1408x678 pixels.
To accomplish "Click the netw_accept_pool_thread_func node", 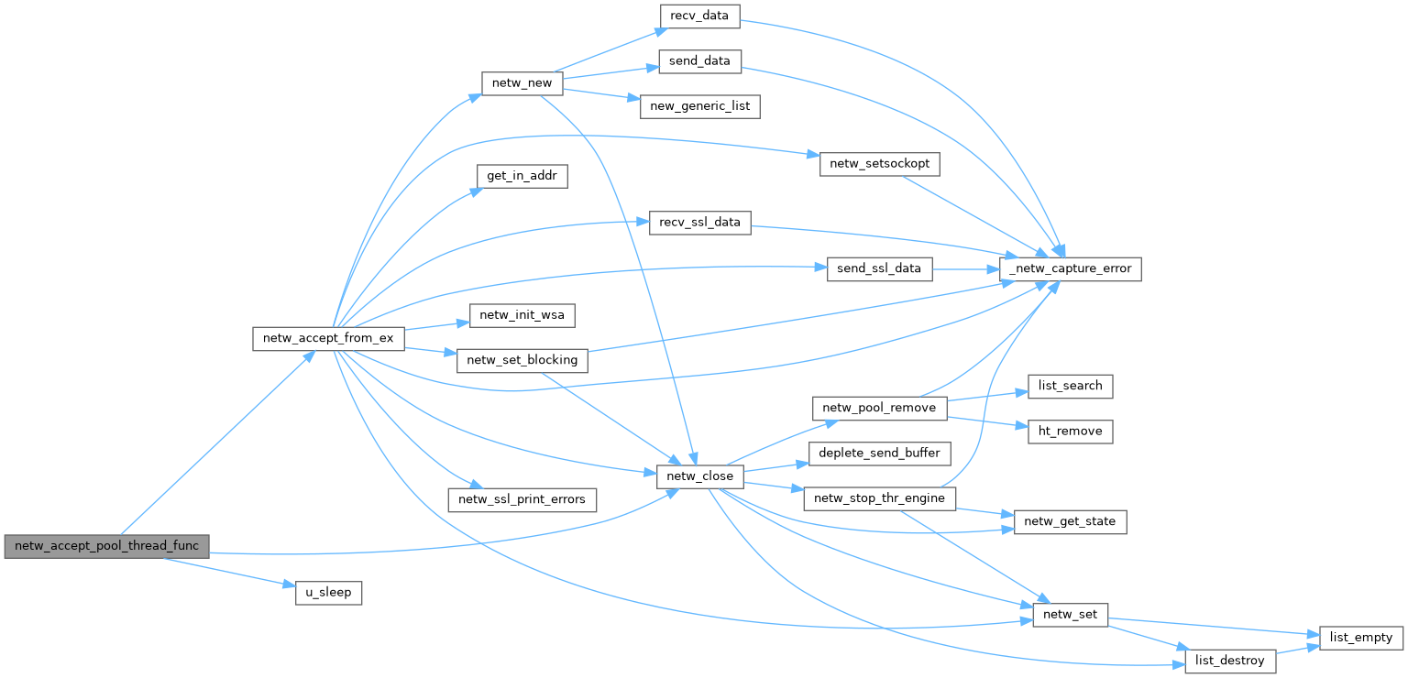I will point(106,545).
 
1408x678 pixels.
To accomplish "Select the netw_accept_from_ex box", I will point(328,338).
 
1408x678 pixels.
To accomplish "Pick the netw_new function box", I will point(522,82).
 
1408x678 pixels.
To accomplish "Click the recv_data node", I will point(699,16).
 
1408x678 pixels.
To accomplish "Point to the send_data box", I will point(699,60).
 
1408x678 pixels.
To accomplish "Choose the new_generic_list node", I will point(699,105).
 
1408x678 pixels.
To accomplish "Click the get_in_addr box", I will point(522,175).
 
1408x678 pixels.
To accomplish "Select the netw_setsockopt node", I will point(879,162).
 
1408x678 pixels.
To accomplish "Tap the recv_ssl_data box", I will point(699,223).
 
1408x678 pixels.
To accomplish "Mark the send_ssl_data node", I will point(879,269).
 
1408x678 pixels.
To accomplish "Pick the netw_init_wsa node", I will point(522,315).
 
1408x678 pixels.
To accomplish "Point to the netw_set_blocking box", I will point(522,360).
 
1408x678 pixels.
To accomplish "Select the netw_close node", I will point(699,476).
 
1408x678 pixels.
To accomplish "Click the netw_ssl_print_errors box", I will point(522,499).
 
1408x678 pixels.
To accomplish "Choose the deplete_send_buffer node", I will point(879,453).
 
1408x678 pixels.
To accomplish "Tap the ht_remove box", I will point(1070,431).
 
